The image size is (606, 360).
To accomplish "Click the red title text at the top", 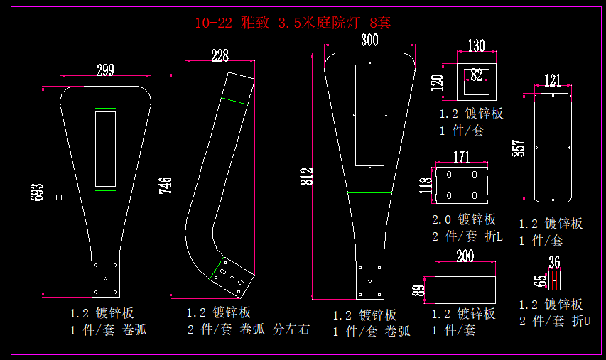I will [x=293, y=23].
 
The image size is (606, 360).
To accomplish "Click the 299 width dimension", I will [x=105, y=69].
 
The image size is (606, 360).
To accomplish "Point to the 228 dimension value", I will [x=220, y=55].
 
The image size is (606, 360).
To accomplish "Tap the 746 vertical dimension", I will [x=165, y=186].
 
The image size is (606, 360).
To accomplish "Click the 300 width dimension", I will [x=369, y=40].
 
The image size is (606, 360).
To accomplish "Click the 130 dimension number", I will [x=476, y=46].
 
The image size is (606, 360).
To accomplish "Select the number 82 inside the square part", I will [x=476, y=74].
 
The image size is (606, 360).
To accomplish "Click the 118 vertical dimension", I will [x=426, y=185].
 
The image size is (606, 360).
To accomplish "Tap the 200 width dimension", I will [x=465, y=256].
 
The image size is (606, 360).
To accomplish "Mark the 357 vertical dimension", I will [x=517, y=148].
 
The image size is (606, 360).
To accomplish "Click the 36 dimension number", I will [x=555, y=262].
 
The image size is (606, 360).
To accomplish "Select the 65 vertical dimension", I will [x=542, y=280].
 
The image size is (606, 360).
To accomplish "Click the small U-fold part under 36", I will [x=555, y=280].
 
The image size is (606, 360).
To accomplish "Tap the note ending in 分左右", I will [x=248, y=329].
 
